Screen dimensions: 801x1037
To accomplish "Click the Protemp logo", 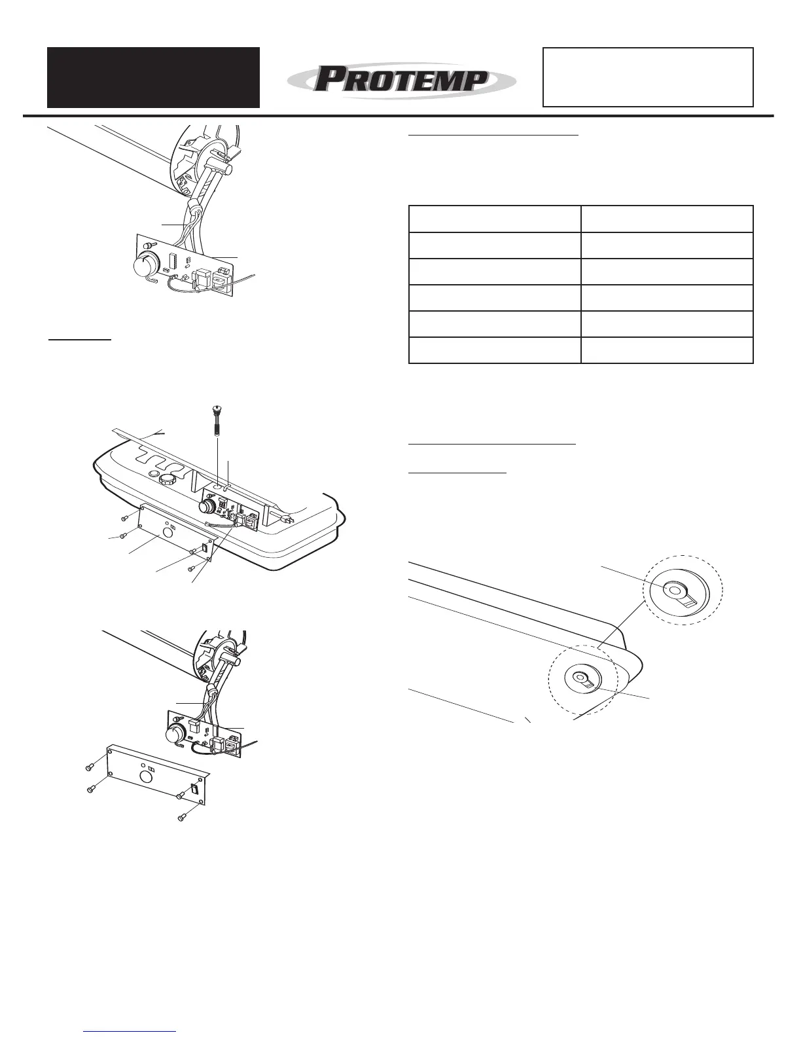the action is tap(401, 81).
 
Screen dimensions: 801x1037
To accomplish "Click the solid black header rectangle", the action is tap(153, 77).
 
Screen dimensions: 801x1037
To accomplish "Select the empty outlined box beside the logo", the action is tap(648, 77).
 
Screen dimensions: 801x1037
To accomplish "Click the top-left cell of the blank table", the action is tap(495, 219).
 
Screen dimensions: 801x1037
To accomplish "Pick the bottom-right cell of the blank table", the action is tap(667, 350).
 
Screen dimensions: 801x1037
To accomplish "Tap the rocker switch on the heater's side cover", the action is tap(204, 547).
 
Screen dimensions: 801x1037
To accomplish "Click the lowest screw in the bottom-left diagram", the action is tap(183, 818).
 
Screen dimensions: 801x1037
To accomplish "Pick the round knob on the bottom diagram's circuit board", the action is tap(175, 734).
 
